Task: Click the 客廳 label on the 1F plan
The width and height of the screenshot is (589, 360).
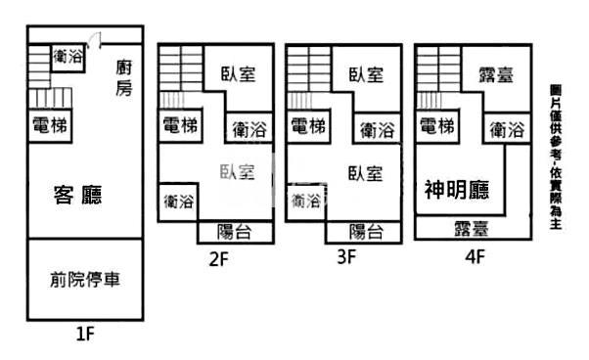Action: [x=78, y=196]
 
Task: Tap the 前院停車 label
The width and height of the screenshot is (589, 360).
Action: [x=84, y=280]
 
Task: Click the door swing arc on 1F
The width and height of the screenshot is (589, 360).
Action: [x=94, y=40]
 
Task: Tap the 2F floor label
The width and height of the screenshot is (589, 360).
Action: [x=219, y=258]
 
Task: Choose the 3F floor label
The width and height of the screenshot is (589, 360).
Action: [x=345, y=258]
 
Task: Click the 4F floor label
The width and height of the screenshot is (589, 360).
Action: [x=474, y=258]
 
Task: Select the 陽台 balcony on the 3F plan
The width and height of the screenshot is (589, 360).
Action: [x=366, y=231]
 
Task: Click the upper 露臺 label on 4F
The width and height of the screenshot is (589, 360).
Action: [x=498, y=74]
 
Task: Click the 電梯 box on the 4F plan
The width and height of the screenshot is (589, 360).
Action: [x=437, y=126]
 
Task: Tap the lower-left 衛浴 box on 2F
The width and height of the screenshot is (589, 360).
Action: [x=179, y=201]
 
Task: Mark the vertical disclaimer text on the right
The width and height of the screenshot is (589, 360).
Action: [x=556, y=156]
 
